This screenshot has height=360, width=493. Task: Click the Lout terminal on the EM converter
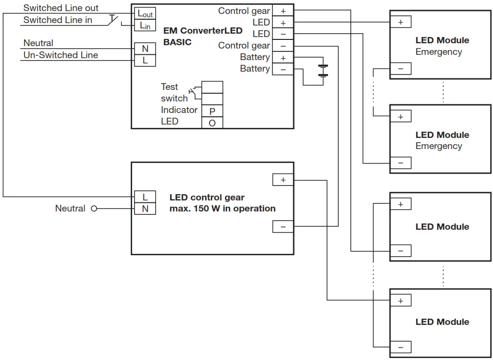145,13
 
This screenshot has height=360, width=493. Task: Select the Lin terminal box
145,25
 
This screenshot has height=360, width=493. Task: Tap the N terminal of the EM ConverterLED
145,49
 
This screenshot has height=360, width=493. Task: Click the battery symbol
323,70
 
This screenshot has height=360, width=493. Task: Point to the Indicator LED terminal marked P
212,111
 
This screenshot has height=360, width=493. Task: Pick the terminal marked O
212,123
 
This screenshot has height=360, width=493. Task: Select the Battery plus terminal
283,58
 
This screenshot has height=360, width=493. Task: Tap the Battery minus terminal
283,69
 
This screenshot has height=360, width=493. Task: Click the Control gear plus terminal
283,11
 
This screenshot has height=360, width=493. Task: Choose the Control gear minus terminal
283,46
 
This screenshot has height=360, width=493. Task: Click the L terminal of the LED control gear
145,197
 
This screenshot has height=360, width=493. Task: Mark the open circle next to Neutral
94,209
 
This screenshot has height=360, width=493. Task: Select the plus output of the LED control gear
283,180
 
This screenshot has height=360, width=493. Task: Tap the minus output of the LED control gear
283,226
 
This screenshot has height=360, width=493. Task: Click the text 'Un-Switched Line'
61,55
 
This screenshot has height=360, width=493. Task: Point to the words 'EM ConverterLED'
203,31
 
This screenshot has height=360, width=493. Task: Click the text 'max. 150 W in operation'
222,209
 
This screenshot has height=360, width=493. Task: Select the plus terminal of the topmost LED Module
400,22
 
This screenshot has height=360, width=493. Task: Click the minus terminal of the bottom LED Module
400,347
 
